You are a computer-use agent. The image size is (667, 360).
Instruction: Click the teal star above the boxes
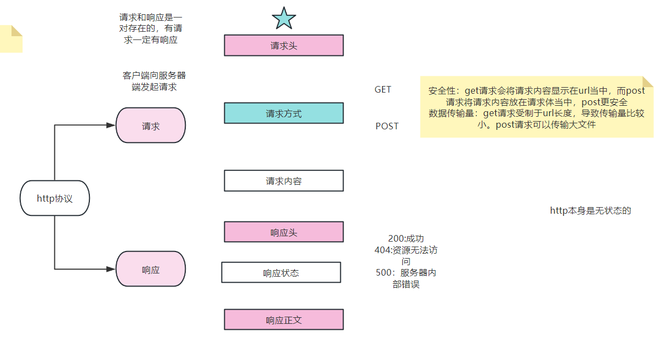tap(284, 19)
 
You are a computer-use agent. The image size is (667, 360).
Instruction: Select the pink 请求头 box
tap(283, 45)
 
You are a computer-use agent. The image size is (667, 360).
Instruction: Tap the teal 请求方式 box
tap(283, 113)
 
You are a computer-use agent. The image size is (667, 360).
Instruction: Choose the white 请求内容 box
tap(283, 181)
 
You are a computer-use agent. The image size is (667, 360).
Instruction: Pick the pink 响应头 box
tap(283, 232)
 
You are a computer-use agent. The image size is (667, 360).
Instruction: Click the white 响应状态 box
tap(281, 272)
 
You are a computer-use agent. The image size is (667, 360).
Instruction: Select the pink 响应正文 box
tap(283, 319)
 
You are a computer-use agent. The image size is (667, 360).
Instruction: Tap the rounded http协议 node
tap(55, 198)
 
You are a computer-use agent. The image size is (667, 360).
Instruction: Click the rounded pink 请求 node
tap(151, 125)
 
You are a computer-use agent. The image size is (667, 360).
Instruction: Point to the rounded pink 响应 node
tap(151, 269)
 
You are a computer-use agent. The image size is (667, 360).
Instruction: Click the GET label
tap(383, 89)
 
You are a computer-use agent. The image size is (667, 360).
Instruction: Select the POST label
tap(387, 126)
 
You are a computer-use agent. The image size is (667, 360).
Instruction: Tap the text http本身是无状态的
tap(590, 210)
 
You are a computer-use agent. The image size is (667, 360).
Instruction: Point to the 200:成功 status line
tap(406, 239)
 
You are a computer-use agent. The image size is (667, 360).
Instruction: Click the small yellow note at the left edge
tap(11, 39)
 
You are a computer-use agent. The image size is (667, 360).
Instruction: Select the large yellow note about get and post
tap(537, 107)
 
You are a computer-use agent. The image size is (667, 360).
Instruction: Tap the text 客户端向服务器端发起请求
tap(154, 81)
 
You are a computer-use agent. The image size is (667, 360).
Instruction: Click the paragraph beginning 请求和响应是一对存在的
tap(151, 28)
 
